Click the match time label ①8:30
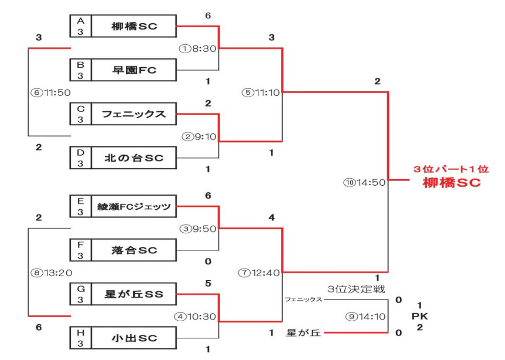[197, 49]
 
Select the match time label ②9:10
[200, 136]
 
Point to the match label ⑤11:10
[261, 93]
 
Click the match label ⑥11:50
[51, 93]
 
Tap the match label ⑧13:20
[51, 272]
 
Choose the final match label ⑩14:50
[364, 183]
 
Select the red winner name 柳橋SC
[452, 183]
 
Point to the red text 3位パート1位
[451, 170]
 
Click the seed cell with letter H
[80, 338]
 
